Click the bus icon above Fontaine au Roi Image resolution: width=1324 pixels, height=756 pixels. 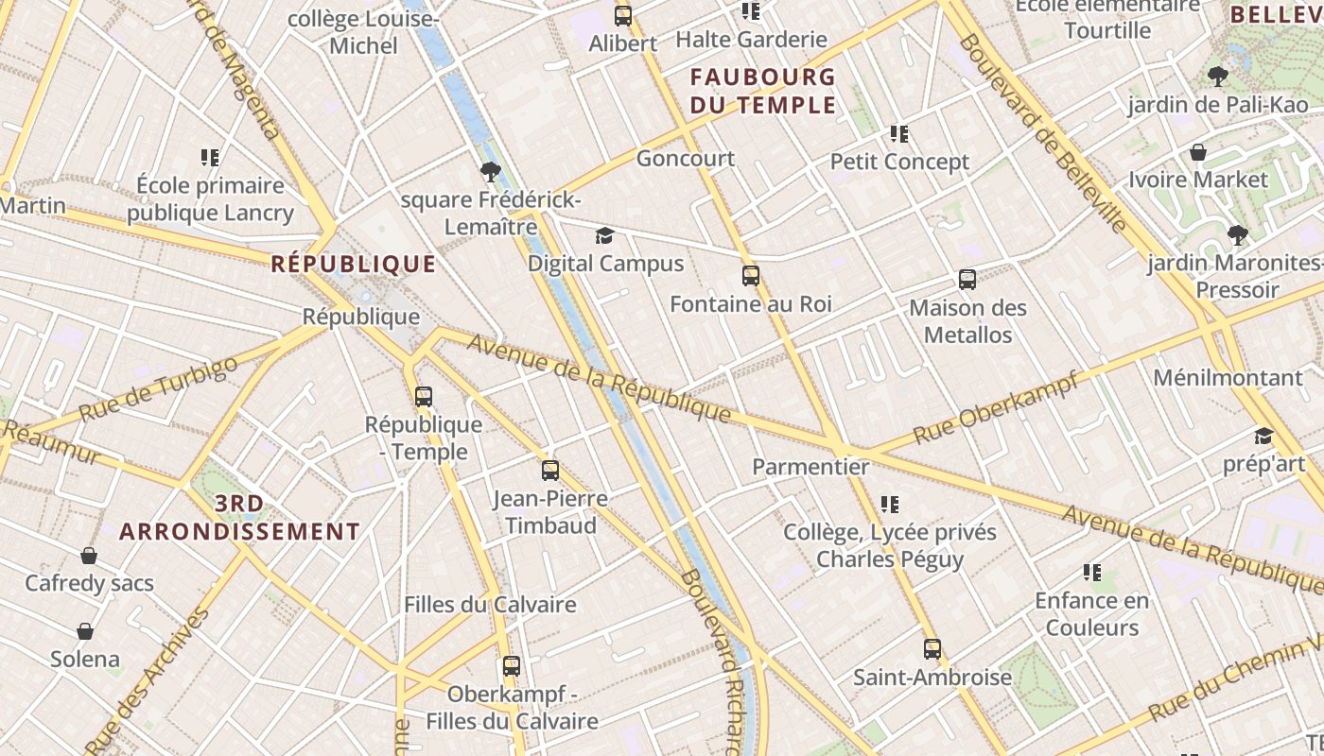(751, 276)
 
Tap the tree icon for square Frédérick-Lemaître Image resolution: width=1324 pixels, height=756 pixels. (490, 172)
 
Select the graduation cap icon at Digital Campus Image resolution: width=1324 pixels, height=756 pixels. (604, 235)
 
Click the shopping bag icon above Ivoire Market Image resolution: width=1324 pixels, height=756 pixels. (1198, 152)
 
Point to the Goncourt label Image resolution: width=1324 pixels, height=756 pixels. (685, 158)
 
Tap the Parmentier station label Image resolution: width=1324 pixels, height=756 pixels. (810, 466)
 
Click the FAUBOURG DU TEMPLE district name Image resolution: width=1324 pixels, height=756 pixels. (763, 91)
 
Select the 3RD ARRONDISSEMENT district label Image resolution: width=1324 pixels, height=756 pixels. (240, 518)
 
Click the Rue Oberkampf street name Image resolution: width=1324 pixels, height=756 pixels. (995, 411)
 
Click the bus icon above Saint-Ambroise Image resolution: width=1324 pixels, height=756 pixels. (932, 649)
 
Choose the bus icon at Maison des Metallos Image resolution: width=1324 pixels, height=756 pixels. (967, 280)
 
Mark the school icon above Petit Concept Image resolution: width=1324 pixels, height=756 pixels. (899, 134)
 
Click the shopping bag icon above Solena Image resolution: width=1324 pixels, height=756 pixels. (85, 631)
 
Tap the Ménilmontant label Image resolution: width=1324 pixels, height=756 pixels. (1228, 378)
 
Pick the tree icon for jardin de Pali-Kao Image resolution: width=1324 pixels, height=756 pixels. (1218, 77)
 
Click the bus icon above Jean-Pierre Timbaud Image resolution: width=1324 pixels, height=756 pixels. (550, 470)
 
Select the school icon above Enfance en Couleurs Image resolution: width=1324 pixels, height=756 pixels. (1092, 573)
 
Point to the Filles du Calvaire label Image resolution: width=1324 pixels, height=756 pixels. (490, 605)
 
